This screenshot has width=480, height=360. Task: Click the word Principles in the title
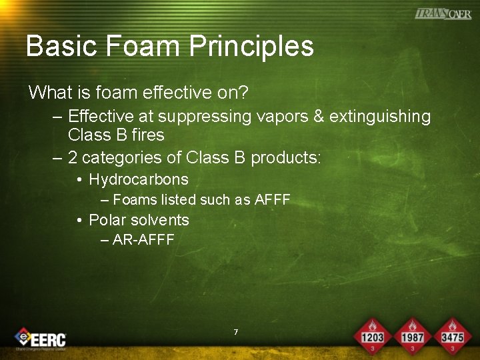click(x=251, y=46)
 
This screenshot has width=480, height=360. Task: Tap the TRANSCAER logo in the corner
click(x=443, y=13)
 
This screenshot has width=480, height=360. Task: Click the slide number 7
click(x=236, y=331)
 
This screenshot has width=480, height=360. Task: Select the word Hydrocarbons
click(x=139, y=179)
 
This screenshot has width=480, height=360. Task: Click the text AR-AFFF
click(x=143, y=240)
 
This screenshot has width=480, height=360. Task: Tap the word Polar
click(x=107, y=220)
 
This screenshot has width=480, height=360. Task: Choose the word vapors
click(x=279, y=117)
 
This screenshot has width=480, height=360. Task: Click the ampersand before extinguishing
click(x=318, y=117)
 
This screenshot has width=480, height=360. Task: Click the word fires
click(x=149, y=135)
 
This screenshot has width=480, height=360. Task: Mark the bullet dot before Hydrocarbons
click(x=79, y=180)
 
